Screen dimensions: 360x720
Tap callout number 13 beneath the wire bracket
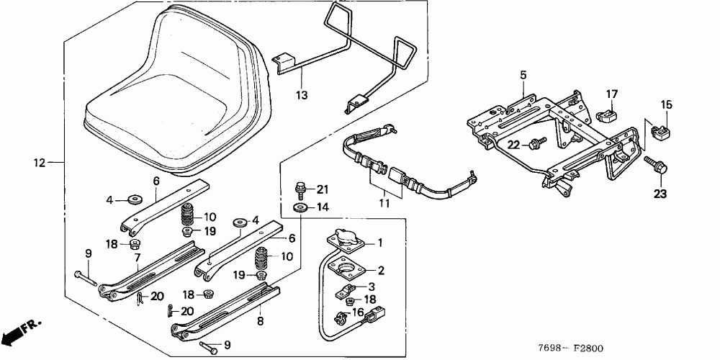(x=302, y=94)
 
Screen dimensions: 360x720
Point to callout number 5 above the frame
(x=523, y=75)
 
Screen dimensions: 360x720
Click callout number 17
(x=611, y=94)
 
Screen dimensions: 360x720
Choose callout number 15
(x=666, y=105)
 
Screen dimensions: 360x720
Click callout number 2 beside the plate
(x=381, y=271)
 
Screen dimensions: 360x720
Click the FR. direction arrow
(x=22, y=332)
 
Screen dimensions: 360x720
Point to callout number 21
(x=322, y=189)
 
